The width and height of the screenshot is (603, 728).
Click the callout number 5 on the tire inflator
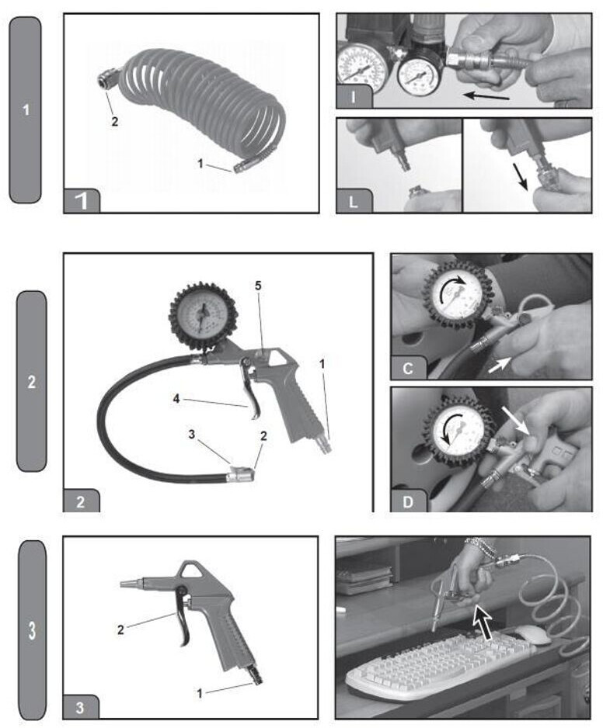[258, 286]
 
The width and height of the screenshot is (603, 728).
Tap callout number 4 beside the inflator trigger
[176, 398]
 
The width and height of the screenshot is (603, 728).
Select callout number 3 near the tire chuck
[192, 435]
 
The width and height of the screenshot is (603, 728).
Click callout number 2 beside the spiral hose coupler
[114, 122]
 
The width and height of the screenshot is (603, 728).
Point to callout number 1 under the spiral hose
[200, 164]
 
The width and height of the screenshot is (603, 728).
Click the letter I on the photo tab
[354, 98]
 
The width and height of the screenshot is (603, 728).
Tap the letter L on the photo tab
[353, 203]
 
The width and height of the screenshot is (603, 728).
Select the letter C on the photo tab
[408, 369]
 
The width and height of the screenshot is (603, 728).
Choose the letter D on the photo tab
[408, 502]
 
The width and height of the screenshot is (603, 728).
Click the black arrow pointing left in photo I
[486, 96]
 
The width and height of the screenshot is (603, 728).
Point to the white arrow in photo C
[500, 366]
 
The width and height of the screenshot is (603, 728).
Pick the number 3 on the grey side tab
[32, 630]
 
